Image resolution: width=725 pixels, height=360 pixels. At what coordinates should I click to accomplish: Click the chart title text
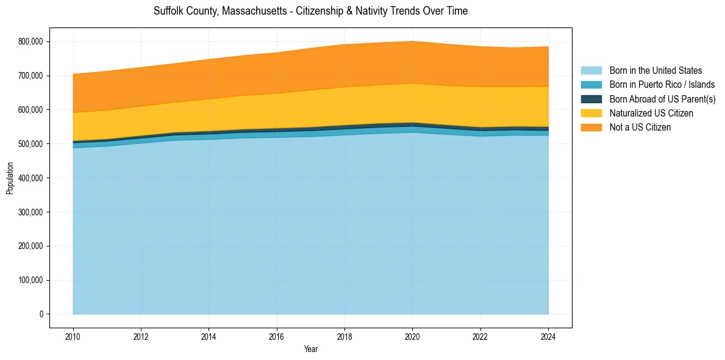(310, 11)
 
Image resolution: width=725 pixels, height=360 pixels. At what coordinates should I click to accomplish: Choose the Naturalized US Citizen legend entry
(651, 113)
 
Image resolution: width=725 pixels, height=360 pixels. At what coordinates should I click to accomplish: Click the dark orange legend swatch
(591, 127)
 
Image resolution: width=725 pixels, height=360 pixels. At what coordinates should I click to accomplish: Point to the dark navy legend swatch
(591, 99)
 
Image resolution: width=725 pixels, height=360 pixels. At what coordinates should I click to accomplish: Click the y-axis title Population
(10, 178)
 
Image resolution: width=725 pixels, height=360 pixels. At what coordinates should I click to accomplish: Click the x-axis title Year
(310, 349)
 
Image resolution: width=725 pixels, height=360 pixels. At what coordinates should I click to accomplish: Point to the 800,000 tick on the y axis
(30, 41)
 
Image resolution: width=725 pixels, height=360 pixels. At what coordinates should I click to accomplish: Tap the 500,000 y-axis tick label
(30, 144)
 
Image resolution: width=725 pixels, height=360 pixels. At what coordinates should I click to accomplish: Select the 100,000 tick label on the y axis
(30, 281)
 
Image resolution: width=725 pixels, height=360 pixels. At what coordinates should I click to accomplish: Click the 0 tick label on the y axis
(41, 314)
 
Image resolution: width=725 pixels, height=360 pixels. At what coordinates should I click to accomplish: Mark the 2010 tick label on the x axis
(73, 336)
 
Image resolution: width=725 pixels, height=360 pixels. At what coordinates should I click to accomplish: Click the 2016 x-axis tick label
(277, 336)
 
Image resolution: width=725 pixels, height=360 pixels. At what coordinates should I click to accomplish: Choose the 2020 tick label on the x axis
(413, 336)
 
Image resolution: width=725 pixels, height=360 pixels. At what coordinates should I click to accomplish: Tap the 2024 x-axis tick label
(549, 336)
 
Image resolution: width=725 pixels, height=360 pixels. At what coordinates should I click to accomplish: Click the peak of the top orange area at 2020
(413, 41)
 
